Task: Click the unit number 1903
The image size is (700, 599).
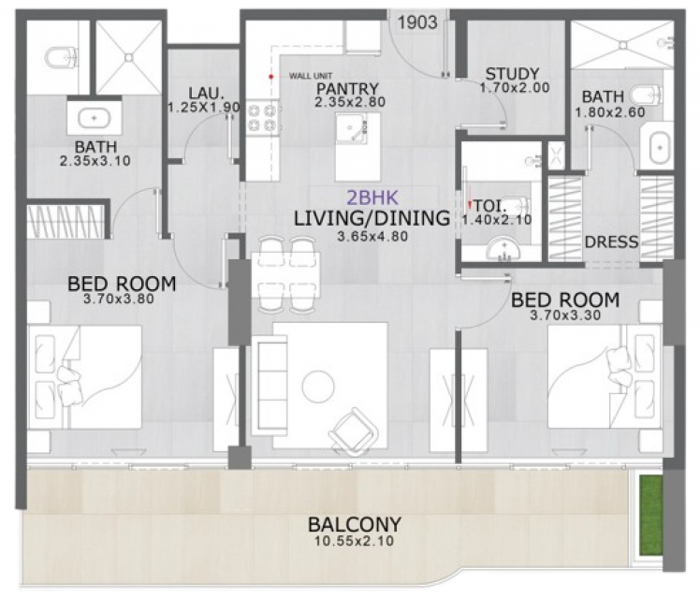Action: tap(417, 22)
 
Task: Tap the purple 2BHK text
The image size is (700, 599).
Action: tap(372, 197)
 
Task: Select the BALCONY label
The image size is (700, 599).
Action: tap(355, 524)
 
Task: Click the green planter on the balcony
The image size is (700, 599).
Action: tap(649, 516)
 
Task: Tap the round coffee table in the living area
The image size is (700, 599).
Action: tap(318, 387)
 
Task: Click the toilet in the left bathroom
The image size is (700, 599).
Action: tap(63, 57)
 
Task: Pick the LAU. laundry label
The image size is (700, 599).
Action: tap(206, 94)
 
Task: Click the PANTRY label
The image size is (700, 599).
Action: tap(347, 89)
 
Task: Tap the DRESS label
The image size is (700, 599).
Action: tap(611, 241)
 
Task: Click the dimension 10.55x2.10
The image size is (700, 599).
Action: tap(355, 541)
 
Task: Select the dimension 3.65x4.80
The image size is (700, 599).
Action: tap(372, 237)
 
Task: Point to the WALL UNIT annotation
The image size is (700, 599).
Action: tap(311, 76)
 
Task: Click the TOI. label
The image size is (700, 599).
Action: tap(489, 206)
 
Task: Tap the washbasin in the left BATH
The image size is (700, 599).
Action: tap(94, 118)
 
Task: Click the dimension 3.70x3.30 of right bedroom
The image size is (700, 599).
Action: tap(565, 315)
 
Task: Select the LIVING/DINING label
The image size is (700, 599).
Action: tap(372, 218)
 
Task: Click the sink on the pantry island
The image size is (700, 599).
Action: tap(350, 127)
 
